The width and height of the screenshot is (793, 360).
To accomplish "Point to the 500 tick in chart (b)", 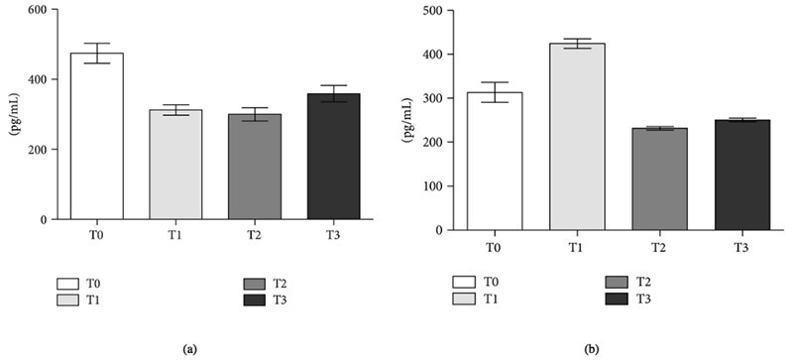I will tap(431, 11).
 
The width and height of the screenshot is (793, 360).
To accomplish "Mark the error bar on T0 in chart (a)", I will tap(96, 54).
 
